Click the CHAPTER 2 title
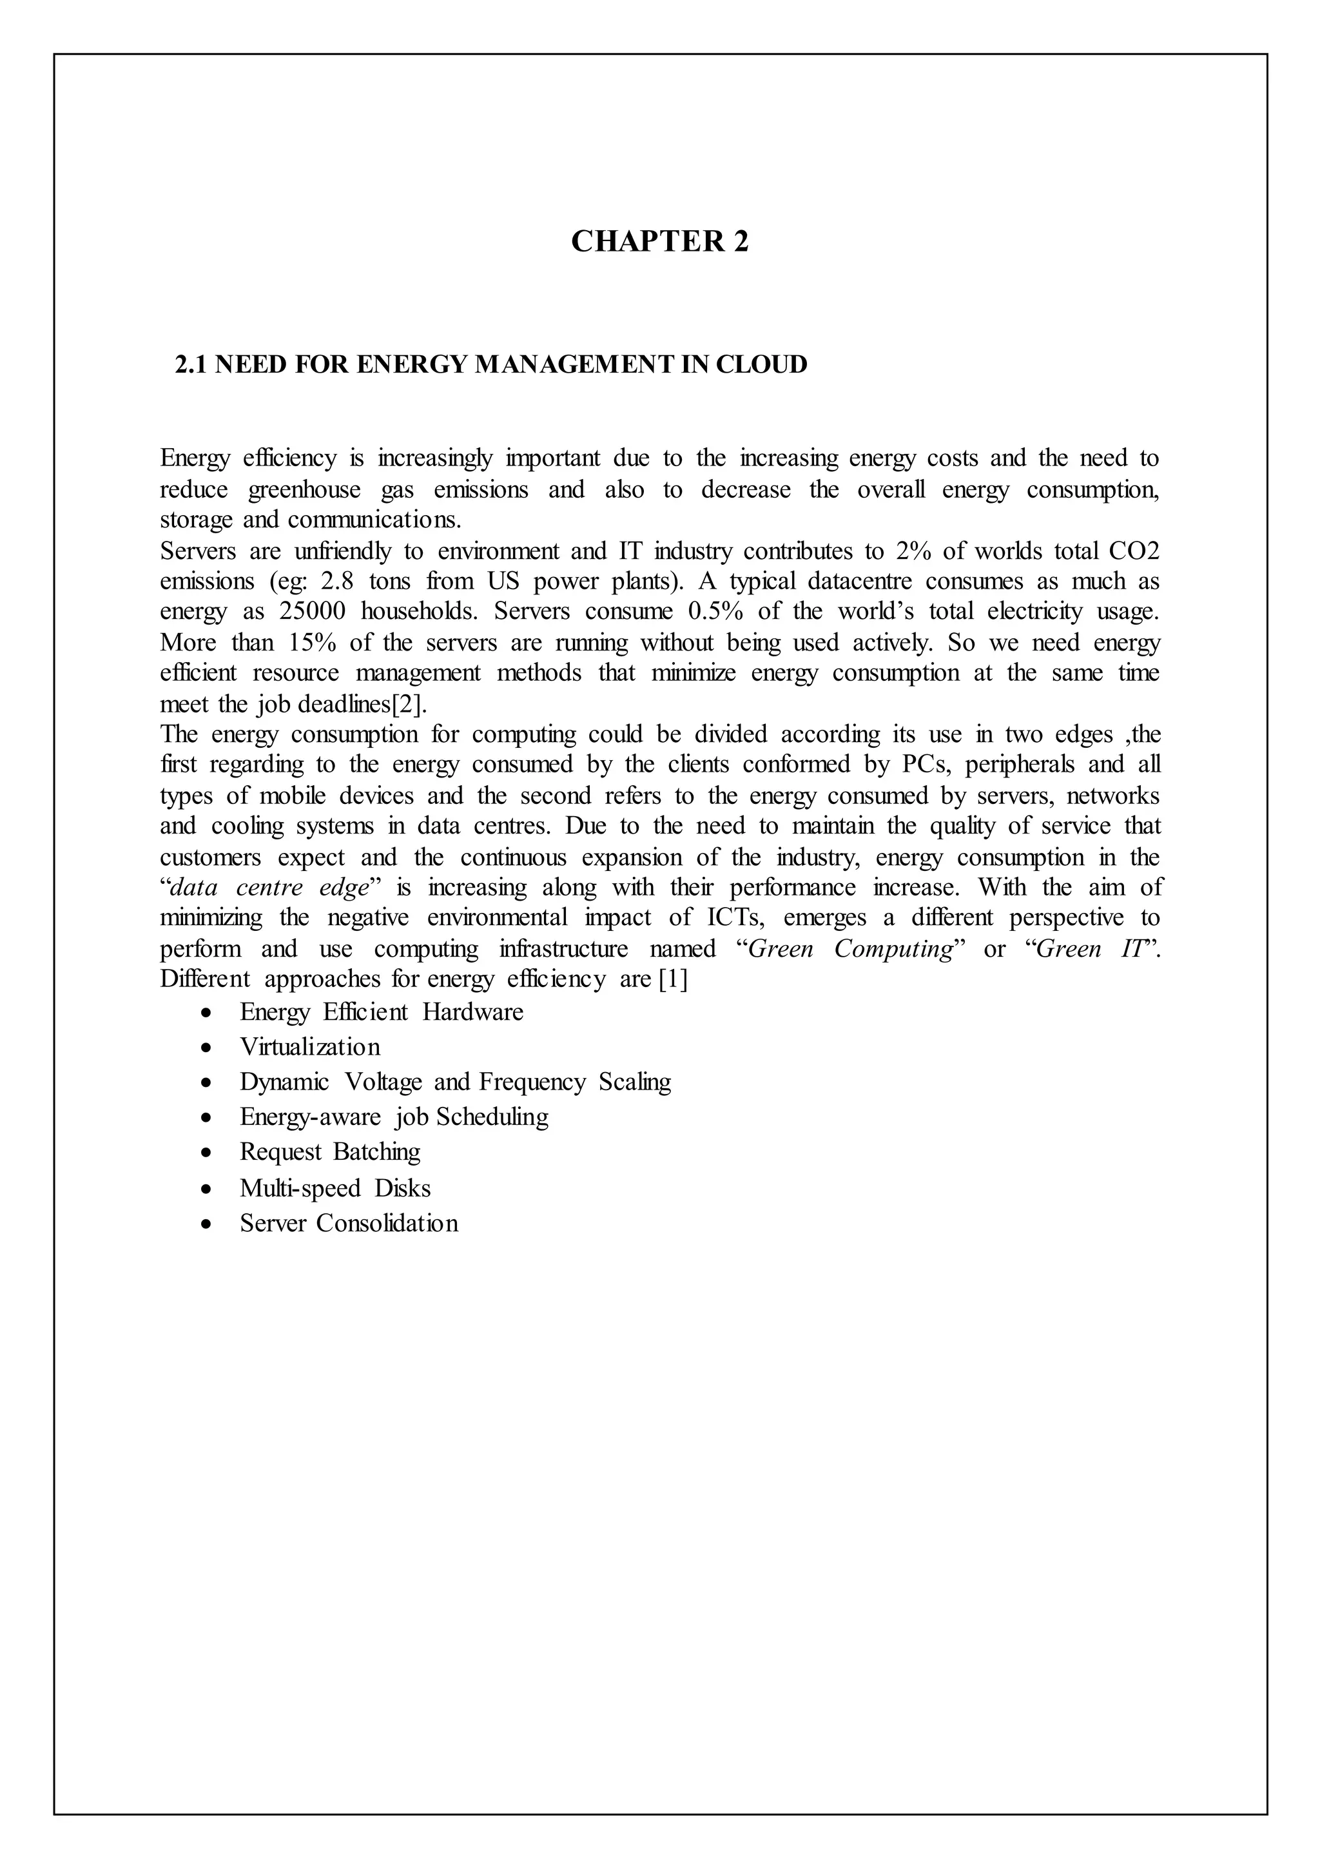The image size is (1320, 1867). [659, 242]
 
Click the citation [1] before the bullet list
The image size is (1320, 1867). [673, 979]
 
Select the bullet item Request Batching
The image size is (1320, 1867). [330, 1152]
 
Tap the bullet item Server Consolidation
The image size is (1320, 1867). [349, 1223]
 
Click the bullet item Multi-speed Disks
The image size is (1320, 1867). [335, 1188]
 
